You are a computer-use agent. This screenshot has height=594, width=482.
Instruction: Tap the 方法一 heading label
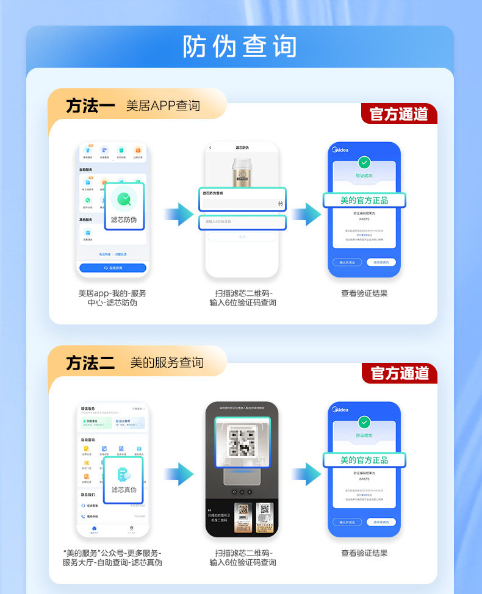coord(90,106)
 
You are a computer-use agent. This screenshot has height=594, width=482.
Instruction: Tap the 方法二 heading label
coord(90,363)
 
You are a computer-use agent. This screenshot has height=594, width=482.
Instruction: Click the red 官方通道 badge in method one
coord(400,114)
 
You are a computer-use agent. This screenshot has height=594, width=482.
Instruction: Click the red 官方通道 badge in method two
coord(400,373)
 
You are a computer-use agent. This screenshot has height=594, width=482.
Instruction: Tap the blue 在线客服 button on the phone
coord(113,268)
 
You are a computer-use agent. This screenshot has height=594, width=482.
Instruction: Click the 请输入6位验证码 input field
coord(242,221)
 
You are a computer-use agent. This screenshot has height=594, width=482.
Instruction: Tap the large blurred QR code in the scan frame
coord(242,443)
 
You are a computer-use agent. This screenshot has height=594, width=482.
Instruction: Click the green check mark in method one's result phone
coord(364,162)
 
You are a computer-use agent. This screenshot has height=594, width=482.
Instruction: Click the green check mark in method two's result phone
coord(364,422)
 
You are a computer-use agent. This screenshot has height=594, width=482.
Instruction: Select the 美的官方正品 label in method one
coord(364,200)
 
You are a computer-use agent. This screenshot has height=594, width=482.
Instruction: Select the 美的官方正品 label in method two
coord(364,460)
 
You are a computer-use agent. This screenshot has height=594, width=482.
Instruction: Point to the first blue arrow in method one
coord(178,213)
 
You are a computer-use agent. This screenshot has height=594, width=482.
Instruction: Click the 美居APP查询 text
coord(163,106)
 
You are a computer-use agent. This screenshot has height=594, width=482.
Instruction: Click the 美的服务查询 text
coord(167,363)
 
